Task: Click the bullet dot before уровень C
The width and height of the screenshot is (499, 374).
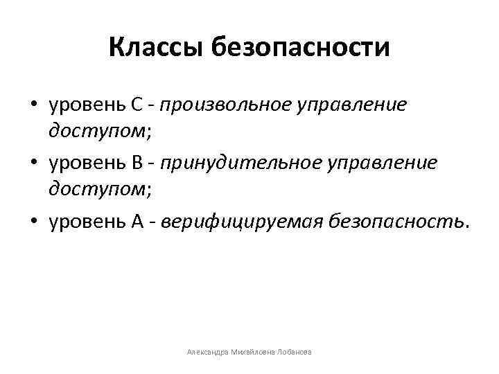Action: (x=33, y=106)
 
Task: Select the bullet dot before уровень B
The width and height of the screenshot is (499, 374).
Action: (x=33, y=163)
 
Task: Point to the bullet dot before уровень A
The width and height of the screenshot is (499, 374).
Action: (x=33, y=220)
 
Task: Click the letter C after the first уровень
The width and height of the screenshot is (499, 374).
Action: (x=137, y=105)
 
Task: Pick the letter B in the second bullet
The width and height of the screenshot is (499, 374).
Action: (x=137, y=162)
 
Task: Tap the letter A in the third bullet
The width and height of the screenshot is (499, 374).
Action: (x=137, y=220)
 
